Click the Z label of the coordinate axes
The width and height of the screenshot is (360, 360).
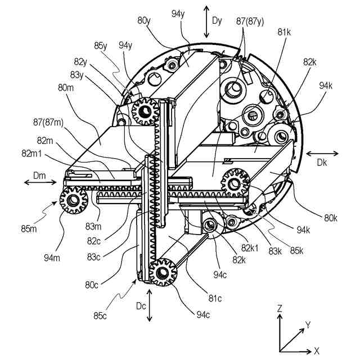pyautogui.click(x=280, y=308)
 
